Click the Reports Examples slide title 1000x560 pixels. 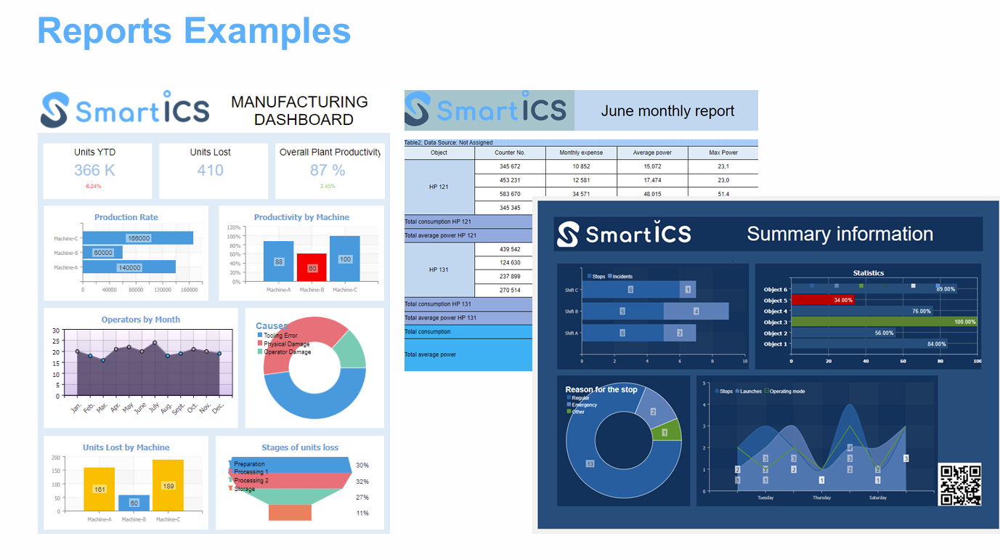pyautogui.click(x=194, y=31)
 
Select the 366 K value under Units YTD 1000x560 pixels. pyautogui.click(x=94, y=170)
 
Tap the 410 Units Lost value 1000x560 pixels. pyautogui.click(x=210, y=170)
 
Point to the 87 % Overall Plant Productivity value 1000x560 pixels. pyautogui.click(x=328, y=170)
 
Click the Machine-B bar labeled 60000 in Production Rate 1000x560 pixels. pyautogui.click(x=102, y=253)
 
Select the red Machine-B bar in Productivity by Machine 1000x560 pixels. pyautogui.click(x=312, y=267)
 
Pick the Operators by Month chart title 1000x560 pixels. pyautogui.click(x=141, y=320)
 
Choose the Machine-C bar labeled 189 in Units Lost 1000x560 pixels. pyautogui.click(x=168, y=485)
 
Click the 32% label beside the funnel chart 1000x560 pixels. pyautogui.click(x=362, y=482)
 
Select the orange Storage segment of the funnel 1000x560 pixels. pyautogui.click(x=290, y=512)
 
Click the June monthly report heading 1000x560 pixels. pyautogui.click(x=667, y=111)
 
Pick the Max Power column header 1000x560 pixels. pyautogui.click(x=723, y=153)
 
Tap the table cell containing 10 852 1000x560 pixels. pyautogui.click(x=580, y=166)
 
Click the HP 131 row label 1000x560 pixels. pyautogui.click(x=439, y=269)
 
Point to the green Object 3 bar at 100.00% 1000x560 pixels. pyautogui.click(x=884, y=322)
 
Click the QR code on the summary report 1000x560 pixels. pyautogui.click(x=960, y=484)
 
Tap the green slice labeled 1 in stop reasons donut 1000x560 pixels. pyautogui.click(x=664, y=432)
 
